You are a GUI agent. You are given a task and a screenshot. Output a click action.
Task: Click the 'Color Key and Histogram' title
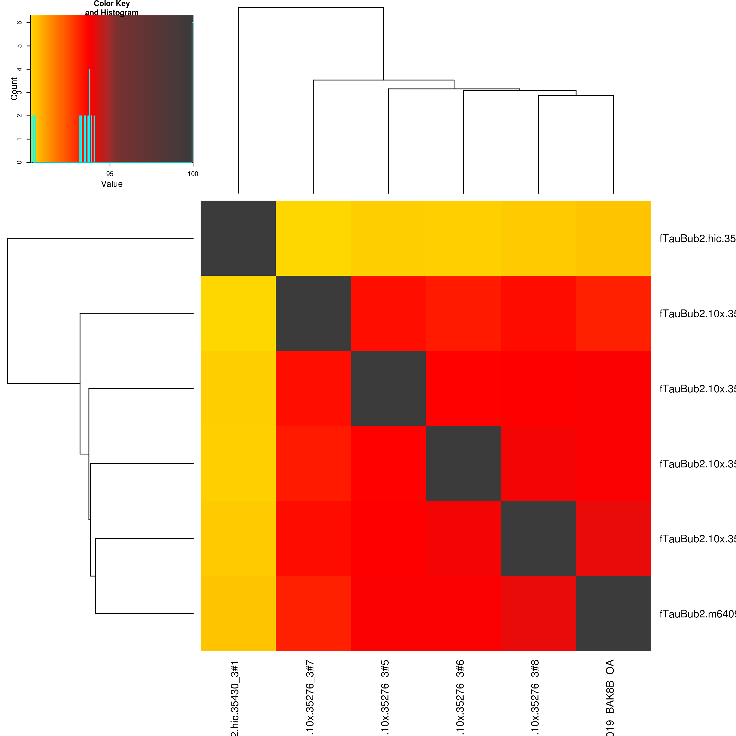tap(112, 8)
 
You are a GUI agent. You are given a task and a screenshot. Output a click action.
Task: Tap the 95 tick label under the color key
tap(110, 174)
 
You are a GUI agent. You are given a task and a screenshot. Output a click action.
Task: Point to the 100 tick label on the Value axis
tap(193, 174)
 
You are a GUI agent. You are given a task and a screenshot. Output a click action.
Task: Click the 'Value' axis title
tap(112, 184)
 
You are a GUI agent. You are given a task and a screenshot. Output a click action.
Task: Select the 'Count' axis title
tap(14, 89)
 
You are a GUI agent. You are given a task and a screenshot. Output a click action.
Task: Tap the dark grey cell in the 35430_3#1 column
tap(238, 238)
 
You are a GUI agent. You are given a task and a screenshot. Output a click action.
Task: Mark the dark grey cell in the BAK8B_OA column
tap(613, 613)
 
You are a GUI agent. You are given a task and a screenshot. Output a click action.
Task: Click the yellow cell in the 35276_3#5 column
tap(388, 238)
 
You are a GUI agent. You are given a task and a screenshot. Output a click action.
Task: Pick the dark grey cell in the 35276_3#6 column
tap(463, 463)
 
